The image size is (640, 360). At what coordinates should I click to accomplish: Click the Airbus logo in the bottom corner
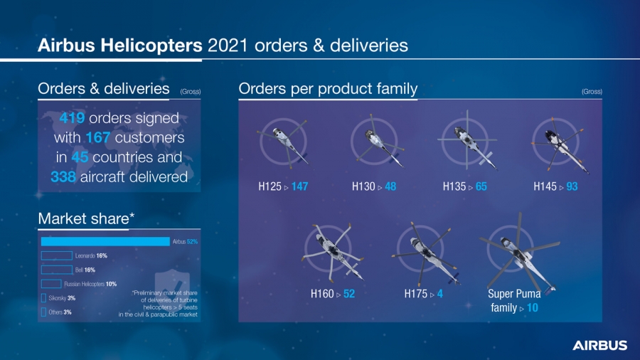pyautogui.click(x=599, y=345)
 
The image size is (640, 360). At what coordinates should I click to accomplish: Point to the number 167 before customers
pyautogui.click(x=97, y=137)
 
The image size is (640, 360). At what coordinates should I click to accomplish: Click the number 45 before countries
pyautogui.click(x=80, y=157)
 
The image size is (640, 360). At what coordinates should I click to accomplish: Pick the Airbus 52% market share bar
pyautogui.click(x=105, y=241)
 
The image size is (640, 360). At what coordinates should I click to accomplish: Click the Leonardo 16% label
pyautogui.click(x=91, y=255)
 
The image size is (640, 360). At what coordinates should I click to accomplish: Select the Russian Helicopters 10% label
pyautogui.click(x=90, y=284)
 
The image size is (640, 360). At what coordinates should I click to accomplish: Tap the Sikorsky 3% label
pyautogui.click(x=62, y=298)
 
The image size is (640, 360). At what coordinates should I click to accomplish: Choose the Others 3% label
pyautogui.click(x=60, y=312)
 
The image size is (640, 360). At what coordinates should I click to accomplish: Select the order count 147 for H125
pyautogui.click(x=299, y=186)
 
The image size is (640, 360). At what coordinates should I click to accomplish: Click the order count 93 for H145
pyautogui.click(x=572, y=186)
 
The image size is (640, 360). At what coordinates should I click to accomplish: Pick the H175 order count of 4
pyautogui.click(x=440, y=293)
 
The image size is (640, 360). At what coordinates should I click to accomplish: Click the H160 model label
pyautogui.click(x=321, y=293)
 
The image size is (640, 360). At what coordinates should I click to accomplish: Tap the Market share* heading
pyautogui.click(x=86, y=218)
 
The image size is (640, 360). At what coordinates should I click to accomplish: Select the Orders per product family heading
pyautogui.click(x=328, y=89)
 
